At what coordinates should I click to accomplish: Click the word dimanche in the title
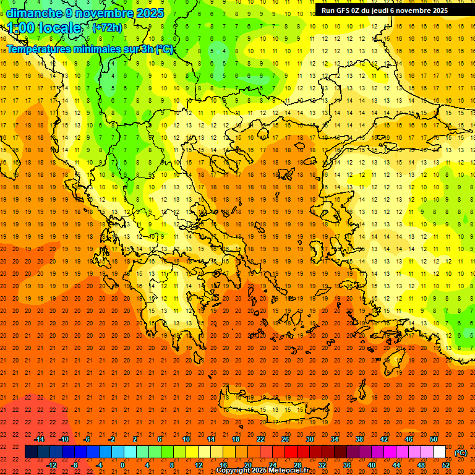click(34, 13)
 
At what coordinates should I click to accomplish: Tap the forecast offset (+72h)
click(107, 28)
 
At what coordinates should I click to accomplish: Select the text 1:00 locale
click(45, 28)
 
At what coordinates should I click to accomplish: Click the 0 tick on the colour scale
click(122, 464)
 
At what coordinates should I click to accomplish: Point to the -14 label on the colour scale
click(40, 439)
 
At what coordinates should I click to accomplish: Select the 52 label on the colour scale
click(446, 464)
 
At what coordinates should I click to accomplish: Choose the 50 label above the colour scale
click(434, 439)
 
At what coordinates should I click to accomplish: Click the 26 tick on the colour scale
click(285, 439)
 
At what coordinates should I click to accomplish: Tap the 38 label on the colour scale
click(359, 439)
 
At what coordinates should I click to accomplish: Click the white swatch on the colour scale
click(440, 452)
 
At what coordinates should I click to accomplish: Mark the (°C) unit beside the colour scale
click(461, 453)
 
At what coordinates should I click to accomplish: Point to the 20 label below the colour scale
click(247, 464)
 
